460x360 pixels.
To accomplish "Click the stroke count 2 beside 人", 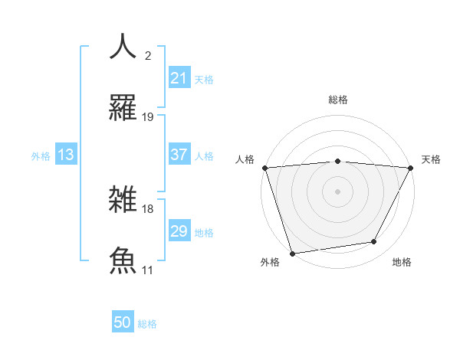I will (x=148, y=56).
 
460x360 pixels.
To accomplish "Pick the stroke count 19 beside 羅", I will (x=148, y=117).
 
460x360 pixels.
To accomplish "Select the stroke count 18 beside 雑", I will (x=148, y=208).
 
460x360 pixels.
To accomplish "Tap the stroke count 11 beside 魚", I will (x=148, y=270).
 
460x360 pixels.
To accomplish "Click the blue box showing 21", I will (x=179, y=78).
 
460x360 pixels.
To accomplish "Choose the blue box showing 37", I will (x=179, y=155).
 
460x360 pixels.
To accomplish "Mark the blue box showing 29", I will (x=179, y=231).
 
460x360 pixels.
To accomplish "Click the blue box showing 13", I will (x=66, y=155).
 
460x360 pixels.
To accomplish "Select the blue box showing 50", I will (x=123, y=322).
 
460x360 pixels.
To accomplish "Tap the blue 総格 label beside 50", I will (x=147, y=324).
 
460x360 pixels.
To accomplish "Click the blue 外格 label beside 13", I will (x=41, y=156).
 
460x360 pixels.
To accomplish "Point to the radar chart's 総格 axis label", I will (x=337, y=100).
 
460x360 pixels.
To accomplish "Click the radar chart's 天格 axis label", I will (x=431, y=159).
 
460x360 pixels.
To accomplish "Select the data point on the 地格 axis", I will (x=374, y=242).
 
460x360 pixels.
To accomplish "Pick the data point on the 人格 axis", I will (x=264, y=168).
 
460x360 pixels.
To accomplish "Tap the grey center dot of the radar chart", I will (x=337, y=191).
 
